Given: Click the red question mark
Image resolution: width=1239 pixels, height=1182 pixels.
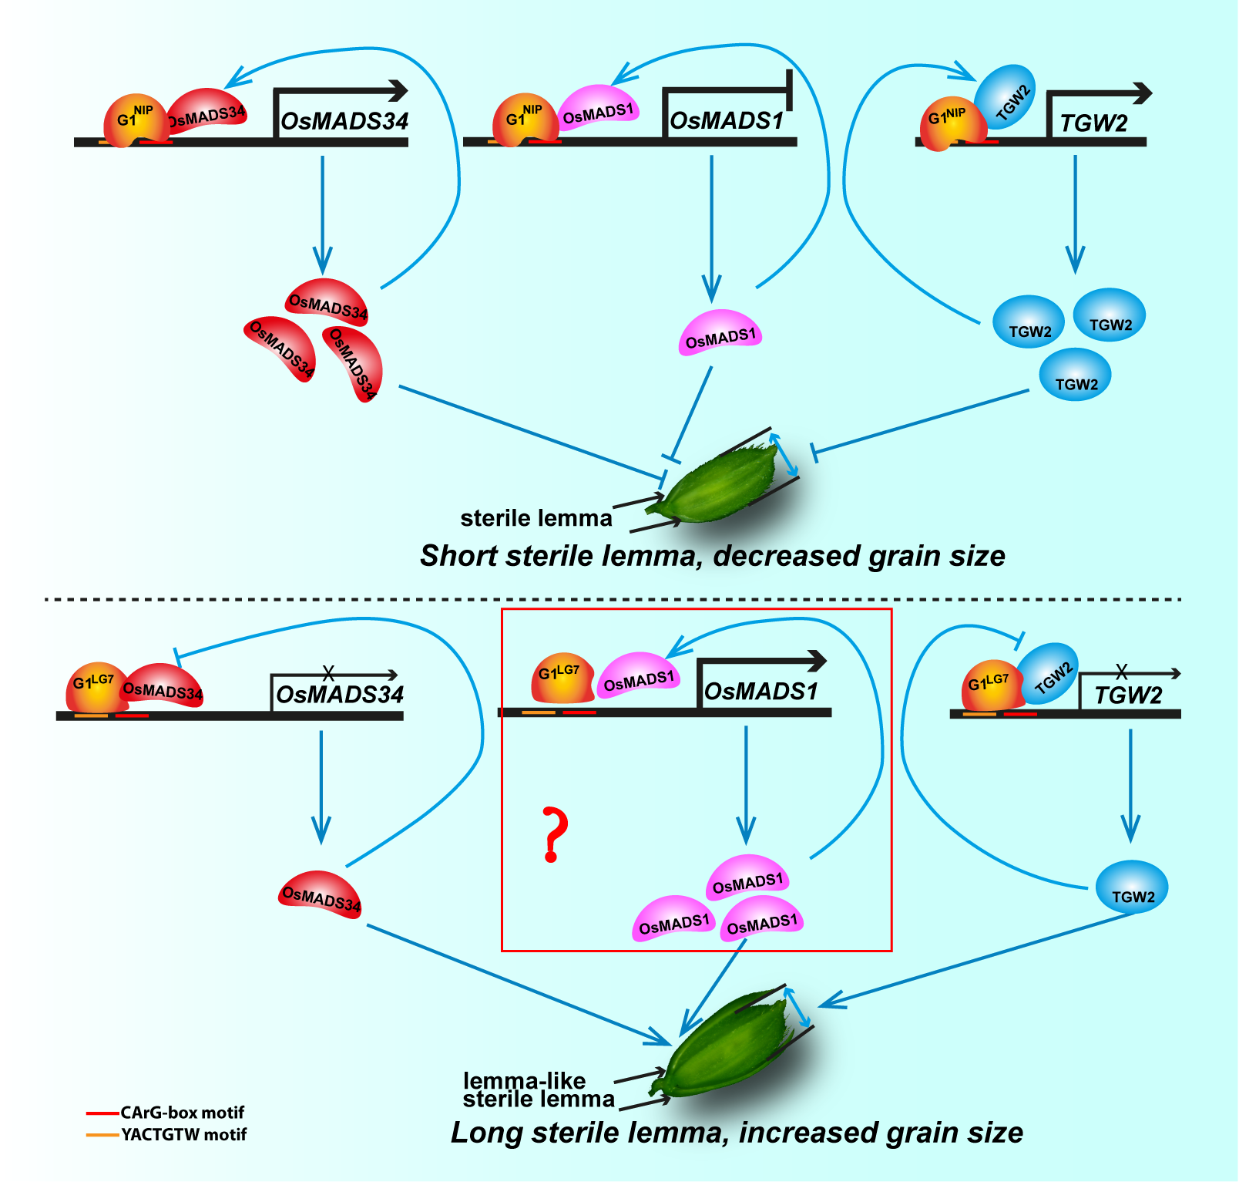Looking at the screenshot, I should pos(554,834).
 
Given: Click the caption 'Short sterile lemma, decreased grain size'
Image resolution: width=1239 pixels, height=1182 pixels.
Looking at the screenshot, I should pos(712,556).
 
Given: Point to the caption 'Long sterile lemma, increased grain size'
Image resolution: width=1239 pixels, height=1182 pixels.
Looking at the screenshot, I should pos(737,1133).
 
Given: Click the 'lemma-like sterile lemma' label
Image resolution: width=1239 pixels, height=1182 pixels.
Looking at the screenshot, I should pos(537,1090).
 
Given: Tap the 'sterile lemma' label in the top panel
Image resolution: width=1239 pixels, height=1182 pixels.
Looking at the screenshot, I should pos(536,518).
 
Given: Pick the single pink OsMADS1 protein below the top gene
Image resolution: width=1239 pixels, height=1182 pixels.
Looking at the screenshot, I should pos(720,335).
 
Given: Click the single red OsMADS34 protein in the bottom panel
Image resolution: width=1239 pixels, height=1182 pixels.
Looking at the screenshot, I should pos(320,894).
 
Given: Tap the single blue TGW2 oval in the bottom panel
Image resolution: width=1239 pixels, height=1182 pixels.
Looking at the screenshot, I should pos(1132,888).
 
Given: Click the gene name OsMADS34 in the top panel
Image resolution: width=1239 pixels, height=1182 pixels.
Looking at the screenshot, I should pos(344,121).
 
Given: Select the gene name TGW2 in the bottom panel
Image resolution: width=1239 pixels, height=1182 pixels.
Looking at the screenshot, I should pos(1128,695).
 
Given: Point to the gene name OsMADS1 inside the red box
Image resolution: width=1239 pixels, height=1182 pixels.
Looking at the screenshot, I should pos(761,692).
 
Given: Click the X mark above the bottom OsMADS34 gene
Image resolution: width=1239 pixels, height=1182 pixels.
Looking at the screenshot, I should pos(328,673).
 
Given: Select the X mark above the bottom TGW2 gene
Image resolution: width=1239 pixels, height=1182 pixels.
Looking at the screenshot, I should pos(1122,671).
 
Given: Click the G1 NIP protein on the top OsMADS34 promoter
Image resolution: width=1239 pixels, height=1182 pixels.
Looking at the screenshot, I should pos(133,120).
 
